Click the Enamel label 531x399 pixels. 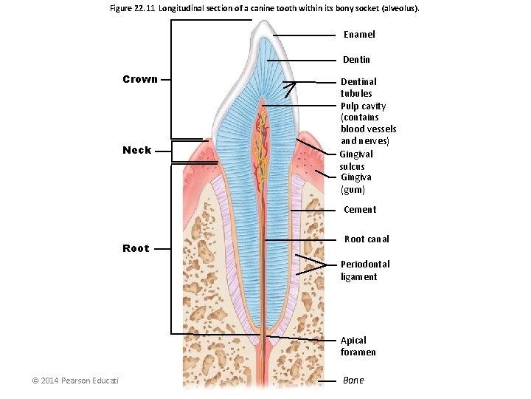359,35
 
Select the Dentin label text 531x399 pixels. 356,60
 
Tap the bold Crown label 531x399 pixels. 140,79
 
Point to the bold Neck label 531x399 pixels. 137,150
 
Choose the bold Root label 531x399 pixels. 136,248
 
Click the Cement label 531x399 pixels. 360,210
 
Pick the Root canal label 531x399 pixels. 367,239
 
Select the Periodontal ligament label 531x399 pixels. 364,270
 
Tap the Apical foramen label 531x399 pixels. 358,347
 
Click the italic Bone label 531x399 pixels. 353,381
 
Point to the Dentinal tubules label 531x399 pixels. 358,87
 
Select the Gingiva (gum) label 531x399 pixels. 355,183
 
